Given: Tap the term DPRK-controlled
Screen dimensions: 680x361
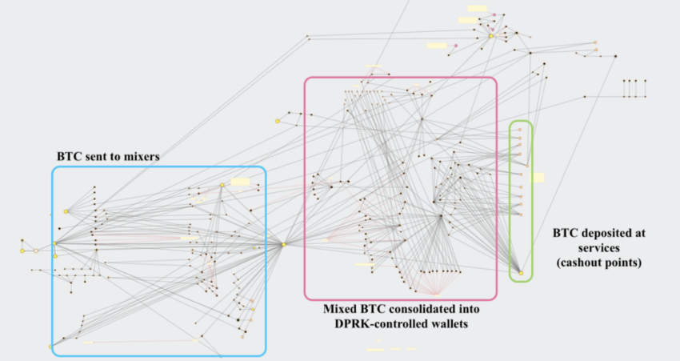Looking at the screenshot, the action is pos(379,323).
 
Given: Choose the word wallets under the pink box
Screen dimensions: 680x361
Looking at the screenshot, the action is pos(447,323).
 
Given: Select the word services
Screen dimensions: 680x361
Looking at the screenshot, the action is pos(599,248).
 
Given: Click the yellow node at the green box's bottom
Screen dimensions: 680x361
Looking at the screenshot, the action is pos(522,274).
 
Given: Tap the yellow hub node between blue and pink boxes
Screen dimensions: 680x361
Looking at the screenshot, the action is pos(284,245).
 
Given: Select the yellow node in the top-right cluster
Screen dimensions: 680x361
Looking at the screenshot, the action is pos(491,36).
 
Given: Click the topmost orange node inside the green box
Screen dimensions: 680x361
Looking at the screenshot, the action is pos(520,130).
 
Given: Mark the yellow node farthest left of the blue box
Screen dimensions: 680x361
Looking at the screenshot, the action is pos(22,251).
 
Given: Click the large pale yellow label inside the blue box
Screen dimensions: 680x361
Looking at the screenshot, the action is pos(240,182).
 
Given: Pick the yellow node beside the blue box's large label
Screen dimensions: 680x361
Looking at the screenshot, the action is pos(222,185).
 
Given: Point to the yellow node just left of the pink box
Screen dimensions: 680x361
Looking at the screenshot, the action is pos(278,121).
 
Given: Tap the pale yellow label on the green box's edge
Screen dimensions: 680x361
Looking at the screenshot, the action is pos(538,178).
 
